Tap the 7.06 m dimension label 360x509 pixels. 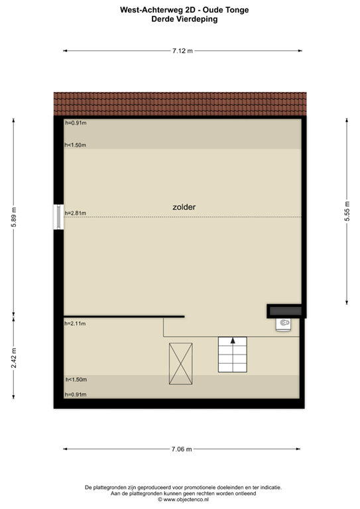click(181, 449)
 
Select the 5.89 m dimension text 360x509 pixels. click(14, 217)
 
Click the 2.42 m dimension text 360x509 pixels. click(14, 362)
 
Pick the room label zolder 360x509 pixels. click(184, 207)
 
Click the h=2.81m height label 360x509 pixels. click(76, 213)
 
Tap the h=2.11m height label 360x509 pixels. click(76, 323)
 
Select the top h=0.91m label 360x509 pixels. click(76, 123)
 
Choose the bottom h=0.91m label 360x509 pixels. click(76, 395)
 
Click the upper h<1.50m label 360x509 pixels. click(76, 145)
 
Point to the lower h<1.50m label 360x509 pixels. click(76, 380)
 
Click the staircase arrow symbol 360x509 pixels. click(232, 341)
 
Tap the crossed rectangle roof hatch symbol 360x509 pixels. click(180, 363)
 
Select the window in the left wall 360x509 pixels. click(59, 217)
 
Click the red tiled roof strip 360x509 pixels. click(180, 103)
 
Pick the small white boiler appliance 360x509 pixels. click(284, 323)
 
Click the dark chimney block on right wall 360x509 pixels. click(284, 310)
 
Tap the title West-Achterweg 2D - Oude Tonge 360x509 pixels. click(180, 11)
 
